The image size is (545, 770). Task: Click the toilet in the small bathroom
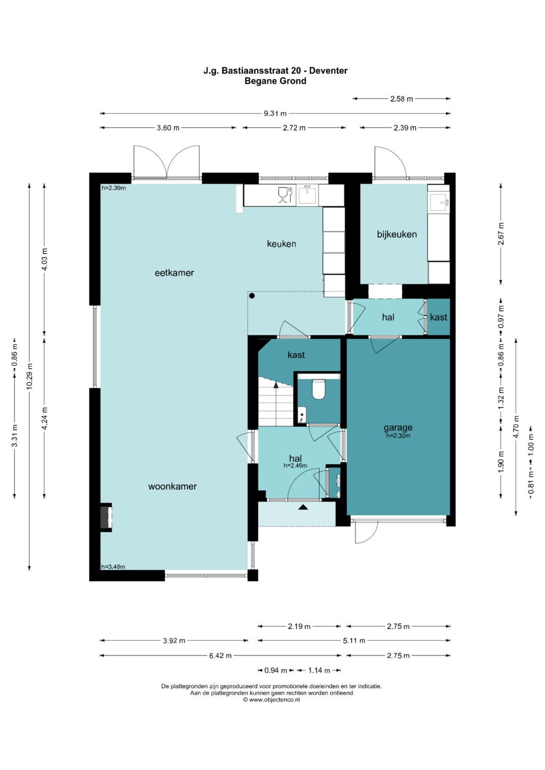(x=318, y=389)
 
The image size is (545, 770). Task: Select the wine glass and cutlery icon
(x=285, y=195)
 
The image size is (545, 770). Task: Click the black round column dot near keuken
(x=252, y=295)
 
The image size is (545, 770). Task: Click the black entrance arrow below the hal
(x=303, y=507)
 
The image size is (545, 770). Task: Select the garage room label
(x=398, y=428)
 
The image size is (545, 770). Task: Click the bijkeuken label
(x=397, y=234)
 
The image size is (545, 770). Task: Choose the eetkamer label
(x=175, y=273)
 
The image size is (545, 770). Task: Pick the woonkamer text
(x=173, y=487)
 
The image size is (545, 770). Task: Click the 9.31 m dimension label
(x=275, y=113)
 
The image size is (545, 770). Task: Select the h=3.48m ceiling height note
(x=113, y=567)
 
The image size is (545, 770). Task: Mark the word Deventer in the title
(x=328, y=71)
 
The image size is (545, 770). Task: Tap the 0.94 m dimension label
(x=275, y=670)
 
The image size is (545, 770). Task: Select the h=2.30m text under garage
(x=398, y=436)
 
